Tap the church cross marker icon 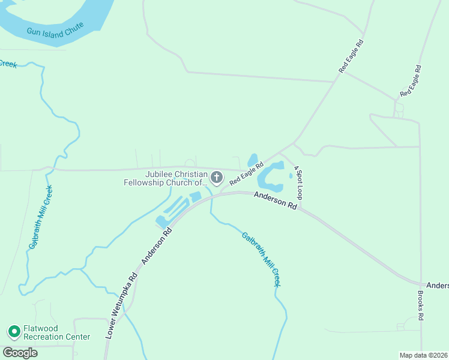(x=217, y=177)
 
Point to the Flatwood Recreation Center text (x=56, y=332)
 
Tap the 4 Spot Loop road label (x=298, y=183)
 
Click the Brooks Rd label (x=421, y=305)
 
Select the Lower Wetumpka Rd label (x=121, y=307)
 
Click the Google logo (x=20, y=352)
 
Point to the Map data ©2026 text (x=423, y=355)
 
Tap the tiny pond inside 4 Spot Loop (x=291, y=176)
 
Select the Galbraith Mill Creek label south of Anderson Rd (x=262, y=259)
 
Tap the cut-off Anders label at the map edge (x=437, y=285)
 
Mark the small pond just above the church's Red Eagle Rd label (x=253, y=160)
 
